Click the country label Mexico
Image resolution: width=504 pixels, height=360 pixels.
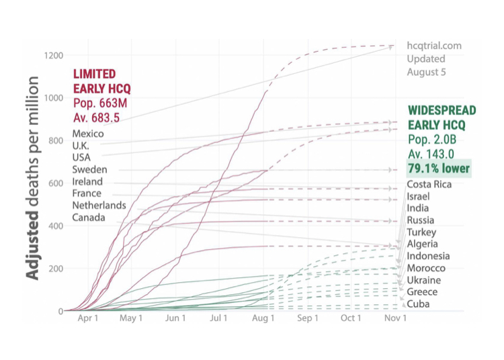(x=88, y=133)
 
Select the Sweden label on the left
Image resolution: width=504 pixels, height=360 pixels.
(x=89, y=169)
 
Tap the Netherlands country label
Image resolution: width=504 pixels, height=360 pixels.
(x=99, y=206)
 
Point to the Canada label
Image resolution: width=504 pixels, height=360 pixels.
(x=89, y=218)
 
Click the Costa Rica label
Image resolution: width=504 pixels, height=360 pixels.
(x=429, y=185)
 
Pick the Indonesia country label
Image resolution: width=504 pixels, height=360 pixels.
(x=429, y=256)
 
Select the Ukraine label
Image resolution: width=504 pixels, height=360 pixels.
(x=424, y=280)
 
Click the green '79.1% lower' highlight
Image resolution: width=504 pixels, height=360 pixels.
(x=439, y=169)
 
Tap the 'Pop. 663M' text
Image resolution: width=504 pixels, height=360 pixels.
(x=100, y=102)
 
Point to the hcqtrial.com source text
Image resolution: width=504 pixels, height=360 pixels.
(x=434, y=46)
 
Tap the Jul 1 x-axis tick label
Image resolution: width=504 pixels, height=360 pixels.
(x=219, y=318)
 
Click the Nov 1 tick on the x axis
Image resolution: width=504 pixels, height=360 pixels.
(x=395, y=318)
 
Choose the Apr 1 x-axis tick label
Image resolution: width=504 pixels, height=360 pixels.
(x=88, y=318)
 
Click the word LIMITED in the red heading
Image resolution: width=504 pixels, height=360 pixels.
(x=94, y=74)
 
